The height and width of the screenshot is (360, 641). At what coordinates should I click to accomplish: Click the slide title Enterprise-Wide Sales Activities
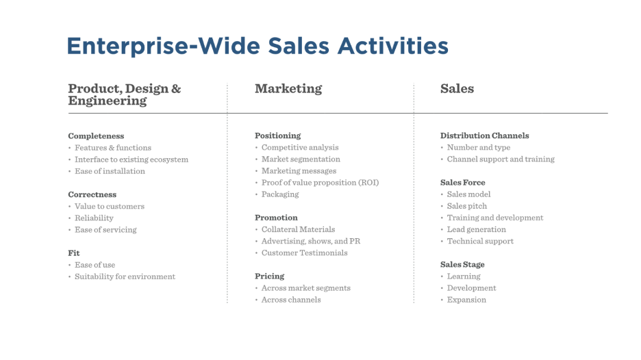[x=257, y=46]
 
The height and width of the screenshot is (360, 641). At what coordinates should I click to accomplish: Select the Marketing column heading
[x=288, y=89]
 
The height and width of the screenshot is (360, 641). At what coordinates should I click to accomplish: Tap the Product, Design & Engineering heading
[x=124, y=94]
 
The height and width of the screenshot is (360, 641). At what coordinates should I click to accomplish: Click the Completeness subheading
[x=96, y=136]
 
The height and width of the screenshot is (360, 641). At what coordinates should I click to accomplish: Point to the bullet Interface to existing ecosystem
[x=131, y=159]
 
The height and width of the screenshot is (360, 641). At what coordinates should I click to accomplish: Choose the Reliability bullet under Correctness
[x=94, y=218]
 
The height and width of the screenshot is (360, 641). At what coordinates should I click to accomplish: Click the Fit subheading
[x=74, y=253]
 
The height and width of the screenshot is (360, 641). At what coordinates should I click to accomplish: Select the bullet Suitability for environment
[x=125, y=277]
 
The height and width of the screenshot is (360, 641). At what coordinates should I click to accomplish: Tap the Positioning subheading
[x=277, y=136]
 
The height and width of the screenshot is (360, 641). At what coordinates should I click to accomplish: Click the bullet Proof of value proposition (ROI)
[x=320, y=183]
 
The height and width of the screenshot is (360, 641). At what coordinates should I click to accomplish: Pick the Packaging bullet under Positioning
[x=280, y=194]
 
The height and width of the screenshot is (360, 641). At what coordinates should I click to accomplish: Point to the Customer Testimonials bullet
[x=305, y=253]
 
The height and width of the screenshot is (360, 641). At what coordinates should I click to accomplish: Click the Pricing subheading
[x=269, y=277]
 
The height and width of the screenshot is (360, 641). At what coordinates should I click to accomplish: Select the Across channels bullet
[x=291, y=300]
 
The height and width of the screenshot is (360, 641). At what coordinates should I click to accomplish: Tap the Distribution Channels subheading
[x=484, y=136]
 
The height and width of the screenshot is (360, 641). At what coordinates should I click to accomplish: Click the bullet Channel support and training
[x=501, y=159]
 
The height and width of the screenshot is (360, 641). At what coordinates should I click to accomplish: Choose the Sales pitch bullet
[x=467, y=207]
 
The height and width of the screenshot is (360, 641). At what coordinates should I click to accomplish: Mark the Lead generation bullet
[x=476, y=230]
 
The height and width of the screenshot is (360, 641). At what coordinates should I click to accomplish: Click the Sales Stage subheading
[x=462, y=265]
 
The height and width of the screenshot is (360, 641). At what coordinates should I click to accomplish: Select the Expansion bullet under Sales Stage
[x=466, y=300]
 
